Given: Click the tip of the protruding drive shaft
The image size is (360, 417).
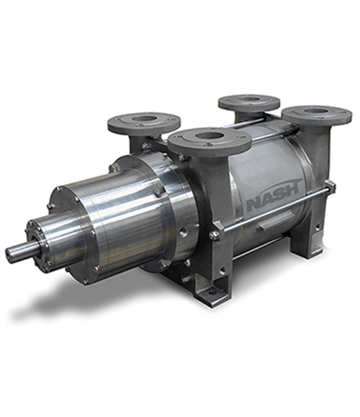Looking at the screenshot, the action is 8,250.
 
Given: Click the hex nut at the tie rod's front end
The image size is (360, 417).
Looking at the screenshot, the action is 214,235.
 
